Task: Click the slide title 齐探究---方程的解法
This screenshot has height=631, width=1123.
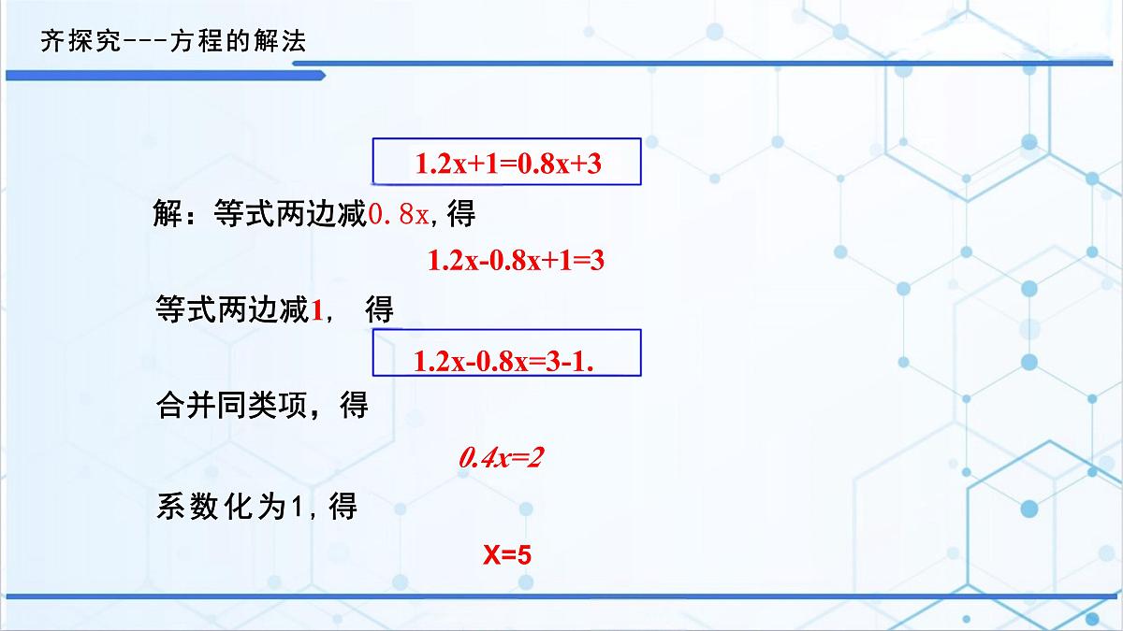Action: pyautogui.click(x=173, y=43)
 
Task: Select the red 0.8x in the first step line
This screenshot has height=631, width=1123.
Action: pyautogui.click(x=400, y=215)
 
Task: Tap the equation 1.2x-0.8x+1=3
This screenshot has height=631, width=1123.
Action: pyautogui.click(x=516, y=261)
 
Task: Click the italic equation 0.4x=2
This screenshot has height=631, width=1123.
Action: pyautogui.click(x=502, y=458)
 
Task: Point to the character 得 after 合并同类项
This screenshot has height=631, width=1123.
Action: pyautogui.click(x=354, y=407)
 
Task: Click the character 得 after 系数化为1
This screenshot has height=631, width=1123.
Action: pyautogui.click(x=343, y=508)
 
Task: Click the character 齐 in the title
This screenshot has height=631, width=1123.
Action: pyautogui.click(x=51, y=43)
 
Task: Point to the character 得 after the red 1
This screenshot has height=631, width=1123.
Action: pyautogui.click(x=379, y=311)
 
